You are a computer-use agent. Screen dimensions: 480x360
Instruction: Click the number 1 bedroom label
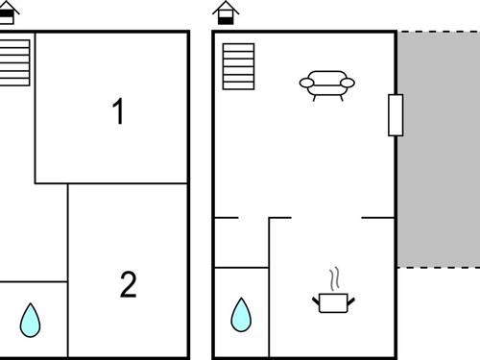(x=118, y=110)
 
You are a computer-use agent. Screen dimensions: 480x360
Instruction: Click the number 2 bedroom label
(x=129, y=284)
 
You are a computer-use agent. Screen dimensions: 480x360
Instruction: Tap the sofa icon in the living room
(x=327, y=85)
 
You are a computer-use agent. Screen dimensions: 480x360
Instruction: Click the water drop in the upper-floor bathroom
(x=30, y=320)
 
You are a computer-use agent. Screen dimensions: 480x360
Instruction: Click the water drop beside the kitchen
(x=241, y=315)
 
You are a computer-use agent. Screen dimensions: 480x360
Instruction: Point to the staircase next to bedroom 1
(x=14, y=62)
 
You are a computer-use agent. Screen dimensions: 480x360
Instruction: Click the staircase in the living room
(x=238, y=66)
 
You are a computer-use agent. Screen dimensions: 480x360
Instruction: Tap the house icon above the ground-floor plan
(x=226, y=12)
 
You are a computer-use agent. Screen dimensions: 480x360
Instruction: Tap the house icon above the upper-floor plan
(x=8, y=12)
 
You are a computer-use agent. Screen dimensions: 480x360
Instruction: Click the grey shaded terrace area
(x=439, y=149)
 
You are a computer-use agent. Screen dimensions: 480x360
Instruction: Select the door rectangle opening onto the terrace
(x=396, y=115)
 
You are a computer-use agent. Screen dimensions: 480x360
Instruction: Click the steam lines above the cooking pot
(x=334, y=279)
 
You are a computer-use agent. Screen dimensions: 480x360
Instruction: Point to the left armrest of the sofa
(x=306, y=83)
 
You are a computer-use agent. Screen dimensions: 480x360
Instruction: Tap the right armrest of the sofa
(x=348, y=83)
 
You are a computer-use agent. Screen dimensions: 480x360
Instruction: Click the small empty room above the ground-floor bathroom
(x=242, y=242)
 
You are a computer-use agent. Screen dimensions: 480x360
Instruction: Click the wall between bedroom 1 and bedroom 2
(x=128, y=183)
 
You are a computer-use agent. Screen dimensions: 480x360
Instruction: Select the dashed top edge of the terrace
(x=439, y=32)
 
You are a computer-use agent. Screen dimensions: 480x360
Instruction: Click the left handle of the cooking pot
(x=316, y=300)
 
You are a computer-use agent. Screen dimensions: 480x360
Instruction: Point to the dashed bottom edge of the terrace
(x=439, y=267)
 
